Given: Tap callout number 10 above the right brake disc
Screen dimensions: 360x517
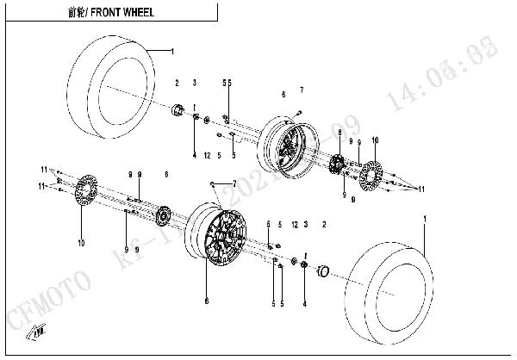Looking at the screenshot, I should coord(375,140).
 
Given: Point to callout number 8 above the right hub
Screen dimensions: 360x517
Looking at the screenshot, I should coord(340,131).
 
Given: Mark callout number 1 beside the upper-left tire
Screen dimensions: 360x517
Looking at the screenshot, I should coord(171,52).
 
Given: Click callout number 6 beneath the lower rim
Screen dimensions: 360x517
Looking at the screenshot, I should coord(206,301).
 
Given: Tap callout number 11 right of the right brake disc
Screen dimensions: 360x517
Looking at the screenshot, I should coord(422,188).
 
